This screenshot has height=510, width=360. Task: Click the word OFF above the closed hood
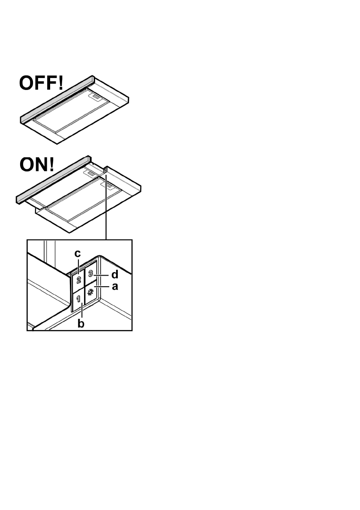coord(37,83)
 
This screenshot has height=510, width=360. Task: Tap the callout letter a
coord(114,287)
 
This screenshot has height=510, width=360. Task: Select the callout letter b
coord(80,324)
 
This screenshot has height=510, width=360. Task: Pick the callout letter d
coord(114,273)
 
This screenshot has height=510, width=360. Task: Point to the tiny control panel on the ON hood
coord(105,170)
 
